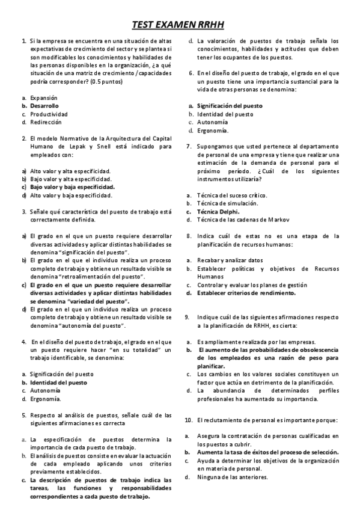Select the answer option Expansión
43,97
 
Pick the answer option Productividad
49,113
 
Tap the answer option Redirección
46,121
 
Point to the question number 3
23,211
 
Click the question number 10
188,419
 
